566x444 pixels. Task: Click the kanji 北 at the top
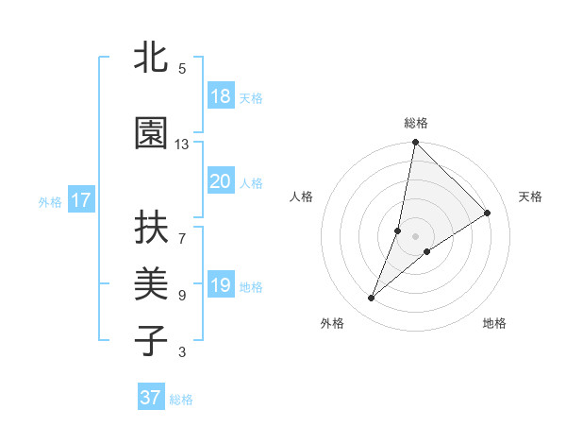coord(151,59)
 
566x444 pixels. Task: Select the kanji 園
coord(151,134)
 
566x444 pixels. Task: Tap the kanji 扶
coord(151,229)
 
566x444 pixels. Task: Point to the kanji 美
coord(151,284)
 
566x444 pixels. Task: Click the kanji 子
coord(151,340)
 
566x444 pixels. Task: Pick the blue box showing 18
coord(220,96)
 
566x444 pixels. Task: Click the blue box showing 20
coord(220,181)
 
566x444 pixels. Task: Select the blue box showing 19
coord(220,285)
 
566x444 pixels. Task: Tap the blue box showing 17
coord(80,200)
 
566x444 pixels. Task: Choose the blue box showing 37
coord(150,398)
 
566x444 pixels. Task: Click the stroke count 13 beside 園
coord(182,145)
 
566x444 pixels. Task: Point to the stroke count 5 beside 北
coord(182,69)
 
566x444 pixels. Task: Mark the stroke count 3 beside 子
coord(182,352)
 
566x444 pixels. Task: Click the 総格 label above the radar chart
coord(416,123)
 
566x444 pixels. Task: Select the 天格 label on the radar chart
coord(530,196)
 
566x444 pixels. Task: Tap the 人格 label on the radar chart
coord(302,196)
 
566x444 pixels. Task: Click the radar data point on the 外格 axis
coord(372,299)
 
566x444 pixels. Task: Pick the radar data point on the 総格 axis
coord(416,144)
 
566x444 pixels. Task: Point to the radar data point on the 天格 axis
coord(488,213)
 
